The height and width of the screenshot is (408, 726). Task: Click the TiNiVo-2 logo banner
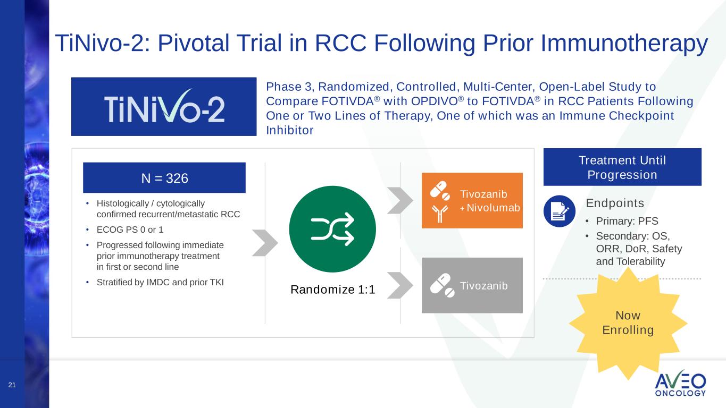[x=164, y=107]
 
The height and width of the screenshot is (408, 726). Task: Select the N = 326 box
[x=164, y=178]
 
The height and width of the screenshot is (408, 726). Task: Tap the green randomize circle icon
[x=332, y=229]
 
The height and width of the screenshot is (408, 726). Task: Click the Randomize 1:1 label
[x=332, y=290]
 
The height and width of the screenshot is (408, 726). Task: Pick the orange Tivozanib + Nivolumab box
[x=472, y=201]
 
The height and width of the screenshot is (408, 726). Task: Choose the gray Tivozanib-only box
[x=472, y=285]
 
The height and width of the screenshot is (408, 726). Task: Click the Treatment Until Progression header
[x=622, y=167]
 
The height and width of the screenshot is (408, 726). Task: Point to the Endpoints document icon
[x=560, y=211]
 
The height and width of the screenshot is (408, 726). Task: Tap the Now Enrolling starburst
[x=628, y=324]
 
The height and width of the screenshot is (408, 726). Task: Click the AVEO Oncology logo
[x=680, y=384]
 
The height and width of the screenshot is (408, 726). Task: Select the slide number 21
[x=12, y=385]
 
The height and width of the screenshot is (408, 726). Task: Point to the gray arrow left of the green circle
[x=264, y=243]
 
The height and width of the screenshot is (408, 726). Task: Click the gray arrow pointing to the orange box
[x=399, y=200]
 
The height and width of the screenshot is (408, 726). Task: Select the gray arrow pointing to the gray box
[x=399, y=285]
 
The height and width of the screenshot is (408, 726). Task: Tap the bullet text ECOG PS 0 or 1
[x=130, y=230]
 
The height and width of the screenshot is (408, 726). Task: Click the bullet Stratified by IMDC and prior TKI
[x=160, y=282]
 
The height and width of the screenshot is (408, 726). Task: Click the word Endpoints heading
[x=615, y=203]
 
